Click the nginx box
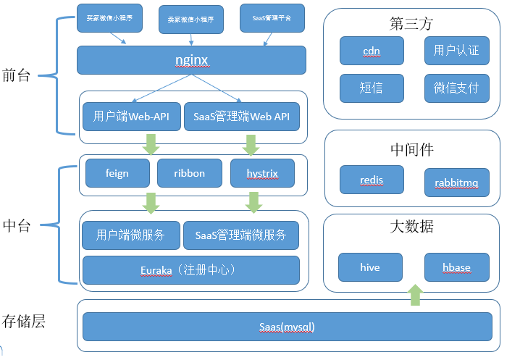tap(191, 59)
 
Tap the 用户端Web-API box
tap(132, 116)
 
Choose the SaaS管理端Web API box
tap(242, 116)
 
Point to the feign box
tap(117, 173)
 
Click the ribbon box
tap(190, 173)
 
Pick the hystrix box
tap(262, 173)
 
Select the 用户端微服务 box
tap(130, 235)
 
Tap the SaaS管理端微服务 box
tap(241, 235)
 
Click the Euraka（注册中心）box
tap(191, 269)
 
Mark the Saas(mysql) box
tap(288, 326)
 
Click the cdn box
tap(371, 51)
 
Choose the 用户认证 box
tap(456, 51)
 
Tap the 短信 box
tap(371, 88)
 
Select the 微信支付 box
tap(456, 88)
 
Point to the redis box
tap(371, 180)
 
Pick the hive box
tap(370, 267)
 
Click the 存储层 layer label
tap(24, 322)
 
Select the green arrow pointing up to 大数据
tap(415, 294)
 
